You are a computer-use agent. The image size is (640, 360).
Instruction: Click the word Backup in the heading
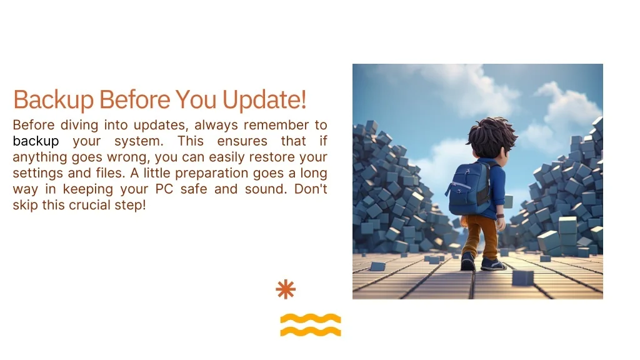54,99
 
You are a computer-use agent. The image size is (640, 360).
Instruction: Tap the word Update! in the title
264,99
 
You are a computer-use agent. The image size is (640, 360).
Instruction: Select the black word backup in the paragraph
36,141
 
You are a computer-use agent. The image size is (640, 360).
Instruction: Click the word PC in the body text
164,189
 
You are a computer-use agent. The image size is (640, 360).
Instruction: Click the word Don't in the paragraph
311,189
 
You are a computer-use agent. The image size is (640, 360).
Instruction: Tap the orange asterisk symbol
286,289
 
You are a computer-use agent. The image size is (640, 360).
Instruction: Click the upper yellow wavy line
311,318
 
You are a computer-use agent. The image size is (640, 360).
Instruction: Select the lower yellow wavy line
311,331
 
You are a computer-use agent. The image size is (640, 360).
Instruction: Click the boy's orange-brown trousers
482,237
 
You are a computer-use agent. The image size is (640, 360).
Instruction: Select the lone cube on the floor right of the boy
523,277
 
